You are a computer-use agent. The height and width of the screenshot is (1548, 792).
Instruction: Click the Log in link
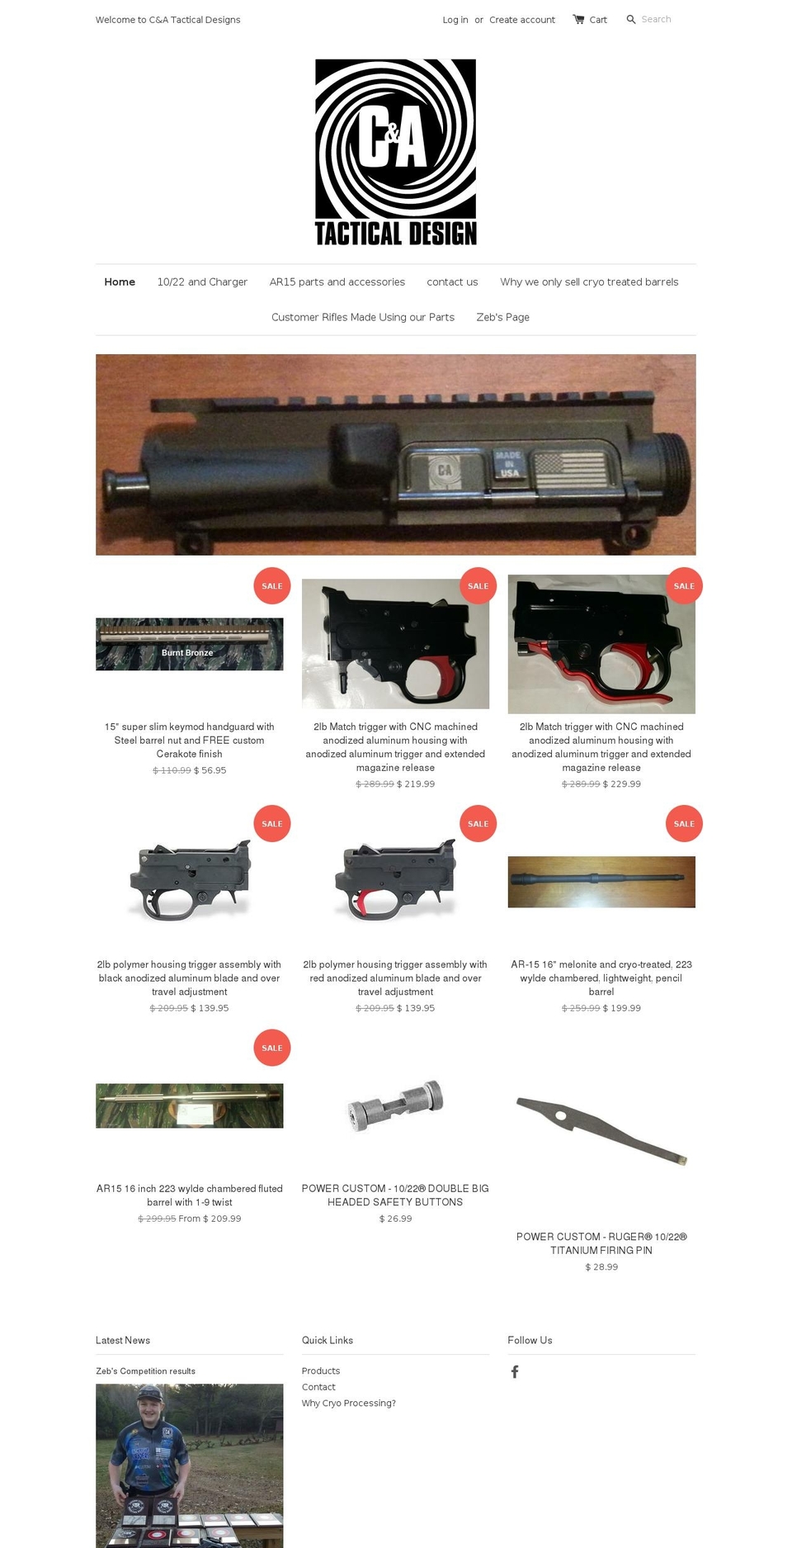coord(455,20)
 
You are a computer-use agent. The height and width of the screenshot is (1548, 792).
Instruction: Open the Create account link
coord(522,20)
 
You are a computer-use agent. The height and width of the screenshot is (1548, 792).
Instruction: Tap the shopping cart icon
coord(578,19)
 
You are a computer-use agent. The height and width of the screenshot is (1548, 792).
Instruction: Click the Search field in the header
coord(656,19)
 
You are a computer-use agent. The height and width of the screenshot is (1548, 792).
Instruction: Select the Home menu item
coord(120,282)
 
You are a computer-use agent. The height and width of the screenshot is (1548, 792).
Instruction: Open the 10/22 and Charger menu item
coord(202,282)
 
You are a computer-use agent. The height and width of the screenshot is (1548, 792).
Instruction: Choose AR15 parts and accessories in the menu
coord(337,282)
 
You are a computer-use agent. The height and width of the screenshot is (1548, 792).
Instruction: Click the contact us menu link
coord(452,282)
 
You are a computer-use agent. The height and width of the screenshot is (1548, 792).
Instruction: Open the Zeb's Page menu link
coord(503,317)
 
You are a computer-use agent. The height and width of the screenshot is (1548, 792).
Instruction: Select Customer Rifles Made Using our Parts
coord(363,317)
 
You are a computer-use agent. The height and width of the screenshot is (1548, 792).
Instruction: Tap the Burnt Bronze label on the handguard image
coord(187,653)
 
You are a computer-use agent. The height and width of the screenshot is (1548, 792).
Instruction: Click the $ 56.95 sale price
coord(210,770)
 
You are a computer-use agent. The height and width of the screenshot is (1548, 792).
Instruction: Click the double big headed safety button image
coord(396,1105)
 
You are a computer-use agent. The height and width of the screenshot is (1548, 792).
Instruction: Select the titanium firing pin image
coord(601,1130)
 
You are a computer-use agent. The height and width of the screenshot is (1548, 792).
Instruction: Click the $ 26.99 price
coord(396,1219)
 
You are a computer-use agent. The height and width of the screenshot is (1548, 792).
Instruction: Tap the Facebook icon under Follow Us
coord(515,1371)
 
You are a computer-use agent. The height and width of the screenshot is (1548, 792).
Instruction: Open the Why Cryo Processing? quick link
coord(349,1403)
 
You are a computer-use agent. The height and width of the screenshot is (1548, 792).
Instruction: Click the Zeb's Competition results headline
coord(145,1371)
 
